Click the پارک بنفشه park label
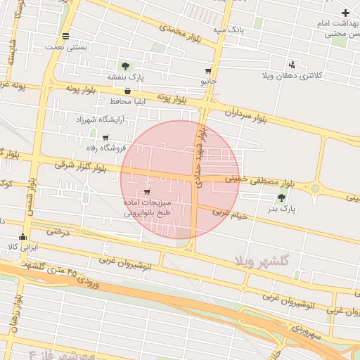(125, 77)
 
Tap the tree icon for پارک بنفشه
(125, 66)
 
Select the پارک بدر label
(283, 209)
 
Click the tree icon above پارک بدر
(283, 198)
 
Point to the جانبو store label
(207, 82)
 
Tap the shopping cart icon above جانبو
(208, 71)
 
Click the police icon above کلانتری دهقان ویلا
(292, 65)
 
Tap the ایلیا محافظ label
(127, 101)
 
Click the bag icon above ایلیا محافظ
(127, 91)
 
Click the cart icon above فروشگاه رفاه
(105, 138)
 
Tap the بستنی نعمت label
(65, 47)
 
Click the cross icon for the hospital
(345, 13)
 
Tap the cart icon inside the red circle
(146, 192)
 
